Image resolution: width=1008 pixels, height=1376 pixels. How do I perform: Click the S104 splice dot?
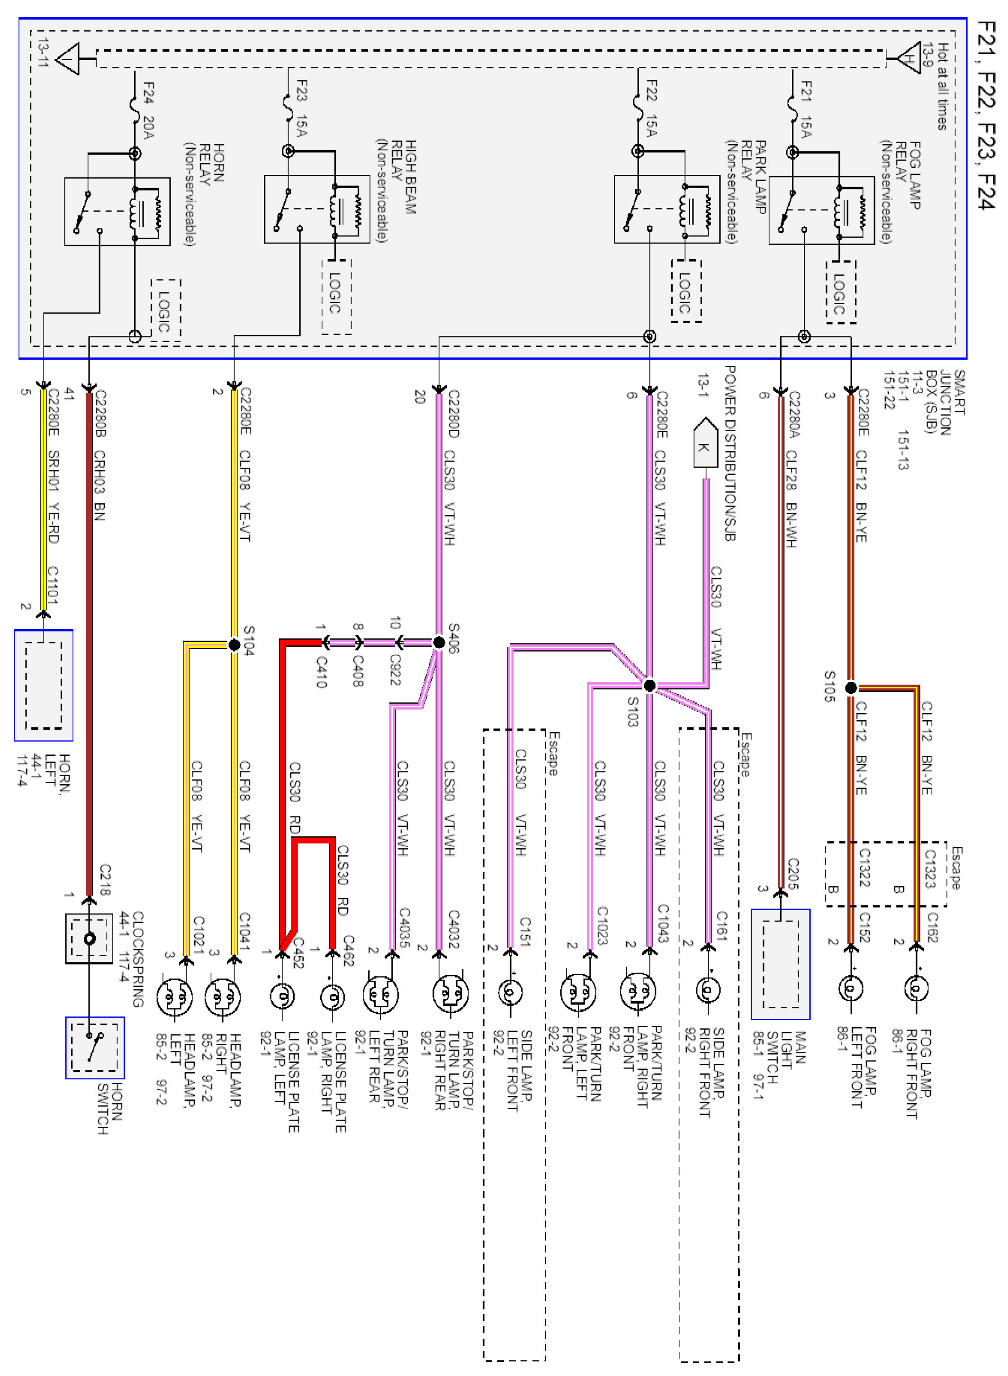234,644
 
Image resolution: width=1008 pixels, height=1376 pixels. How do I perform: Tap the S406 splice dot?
438,642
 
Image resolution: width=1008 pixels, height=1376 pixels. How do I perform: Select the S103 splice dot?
650,685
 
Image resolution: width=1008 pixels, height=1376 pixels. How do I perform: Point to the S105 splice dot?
851,688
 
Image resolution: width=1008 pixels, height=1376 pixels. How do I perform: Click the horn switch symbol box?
95,1047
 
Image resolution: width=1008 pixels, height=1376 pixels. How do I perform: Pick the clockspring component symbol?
89,938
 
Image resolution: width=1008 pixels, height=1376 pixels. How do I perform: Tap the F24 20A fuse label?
148,110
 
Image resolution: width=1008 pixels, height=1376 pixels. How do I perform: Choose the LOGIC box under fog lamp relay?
840,292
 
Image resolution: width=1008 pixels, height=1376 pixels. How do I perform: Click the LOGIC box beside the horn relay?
165,310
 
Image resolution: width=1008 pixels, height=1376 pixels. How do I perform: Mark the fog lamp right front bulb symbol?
915,988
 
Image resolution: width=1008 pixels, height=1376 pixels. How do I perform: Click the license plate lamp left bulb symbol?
282,996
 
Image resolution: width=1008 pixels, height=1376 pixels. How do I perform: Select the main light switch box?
781,964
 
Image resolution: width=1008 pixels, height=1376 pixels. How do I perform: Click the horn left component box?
43,685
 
